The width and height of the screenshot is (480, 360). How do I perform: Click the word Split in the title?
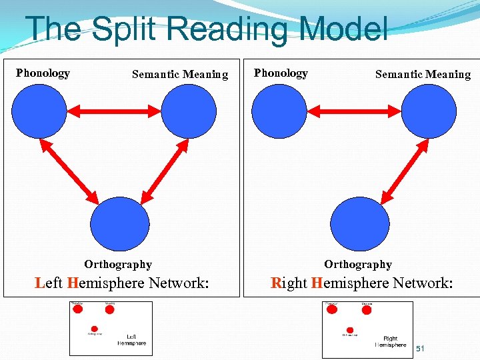point(117,30)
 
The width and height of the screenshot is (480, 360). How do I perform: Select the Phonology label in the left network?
point(43,73)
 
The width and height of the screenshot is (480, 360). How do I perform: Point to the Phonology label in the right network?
point(281,73)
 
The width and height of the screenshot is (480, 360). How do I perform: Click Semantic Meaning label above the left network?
point(180,75)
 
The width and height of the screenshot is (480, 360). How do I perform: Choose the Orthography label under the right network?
point(358,265)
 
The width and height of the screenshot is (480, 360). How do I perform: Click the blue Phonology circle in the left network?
point(37,111)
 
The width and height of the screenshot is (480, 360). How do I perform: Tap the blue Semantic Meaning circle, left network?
point(189,111)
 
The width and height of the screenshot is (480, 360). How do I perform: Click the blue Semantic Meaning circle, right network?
point(430,111)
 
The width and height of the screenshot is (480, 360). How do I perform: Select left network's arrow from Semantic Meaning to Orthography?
point(163,172)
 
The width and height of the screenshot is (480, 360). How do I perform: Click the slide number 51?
point(420,349)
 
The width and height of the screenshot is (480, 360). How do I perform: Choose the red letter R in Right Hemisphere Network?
point(277,283)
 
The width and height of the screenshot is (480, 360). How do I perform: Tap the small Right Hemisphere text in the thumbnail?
point(391,341)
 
